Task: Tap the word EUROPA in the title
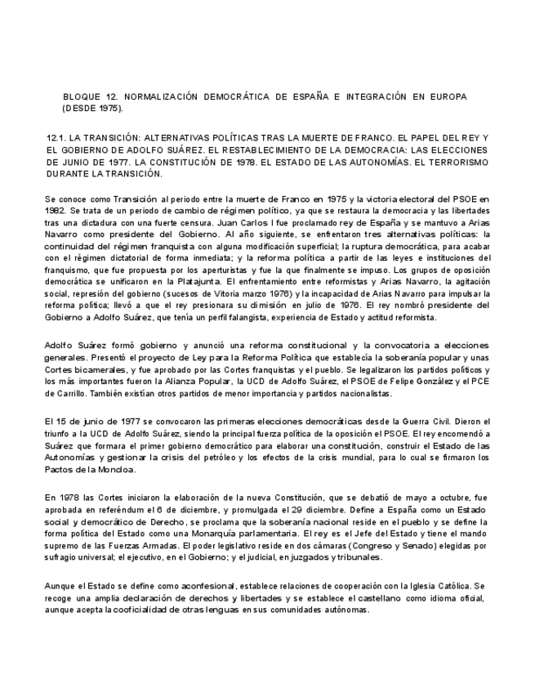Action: coord(445,96)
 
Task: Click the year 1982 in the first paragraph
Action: coord(57,210)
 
